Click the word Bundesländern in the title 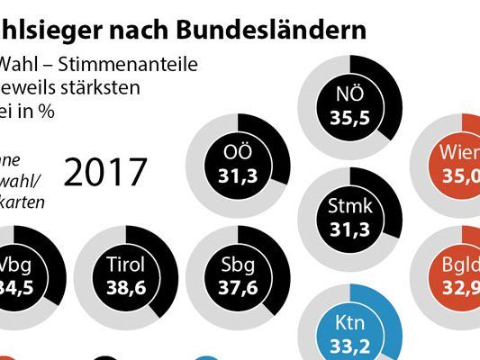(288, 29)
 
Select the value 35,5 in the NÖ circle (343, 119)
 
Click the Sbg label (238, 267)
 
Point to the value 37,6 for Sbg (238, 290)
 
